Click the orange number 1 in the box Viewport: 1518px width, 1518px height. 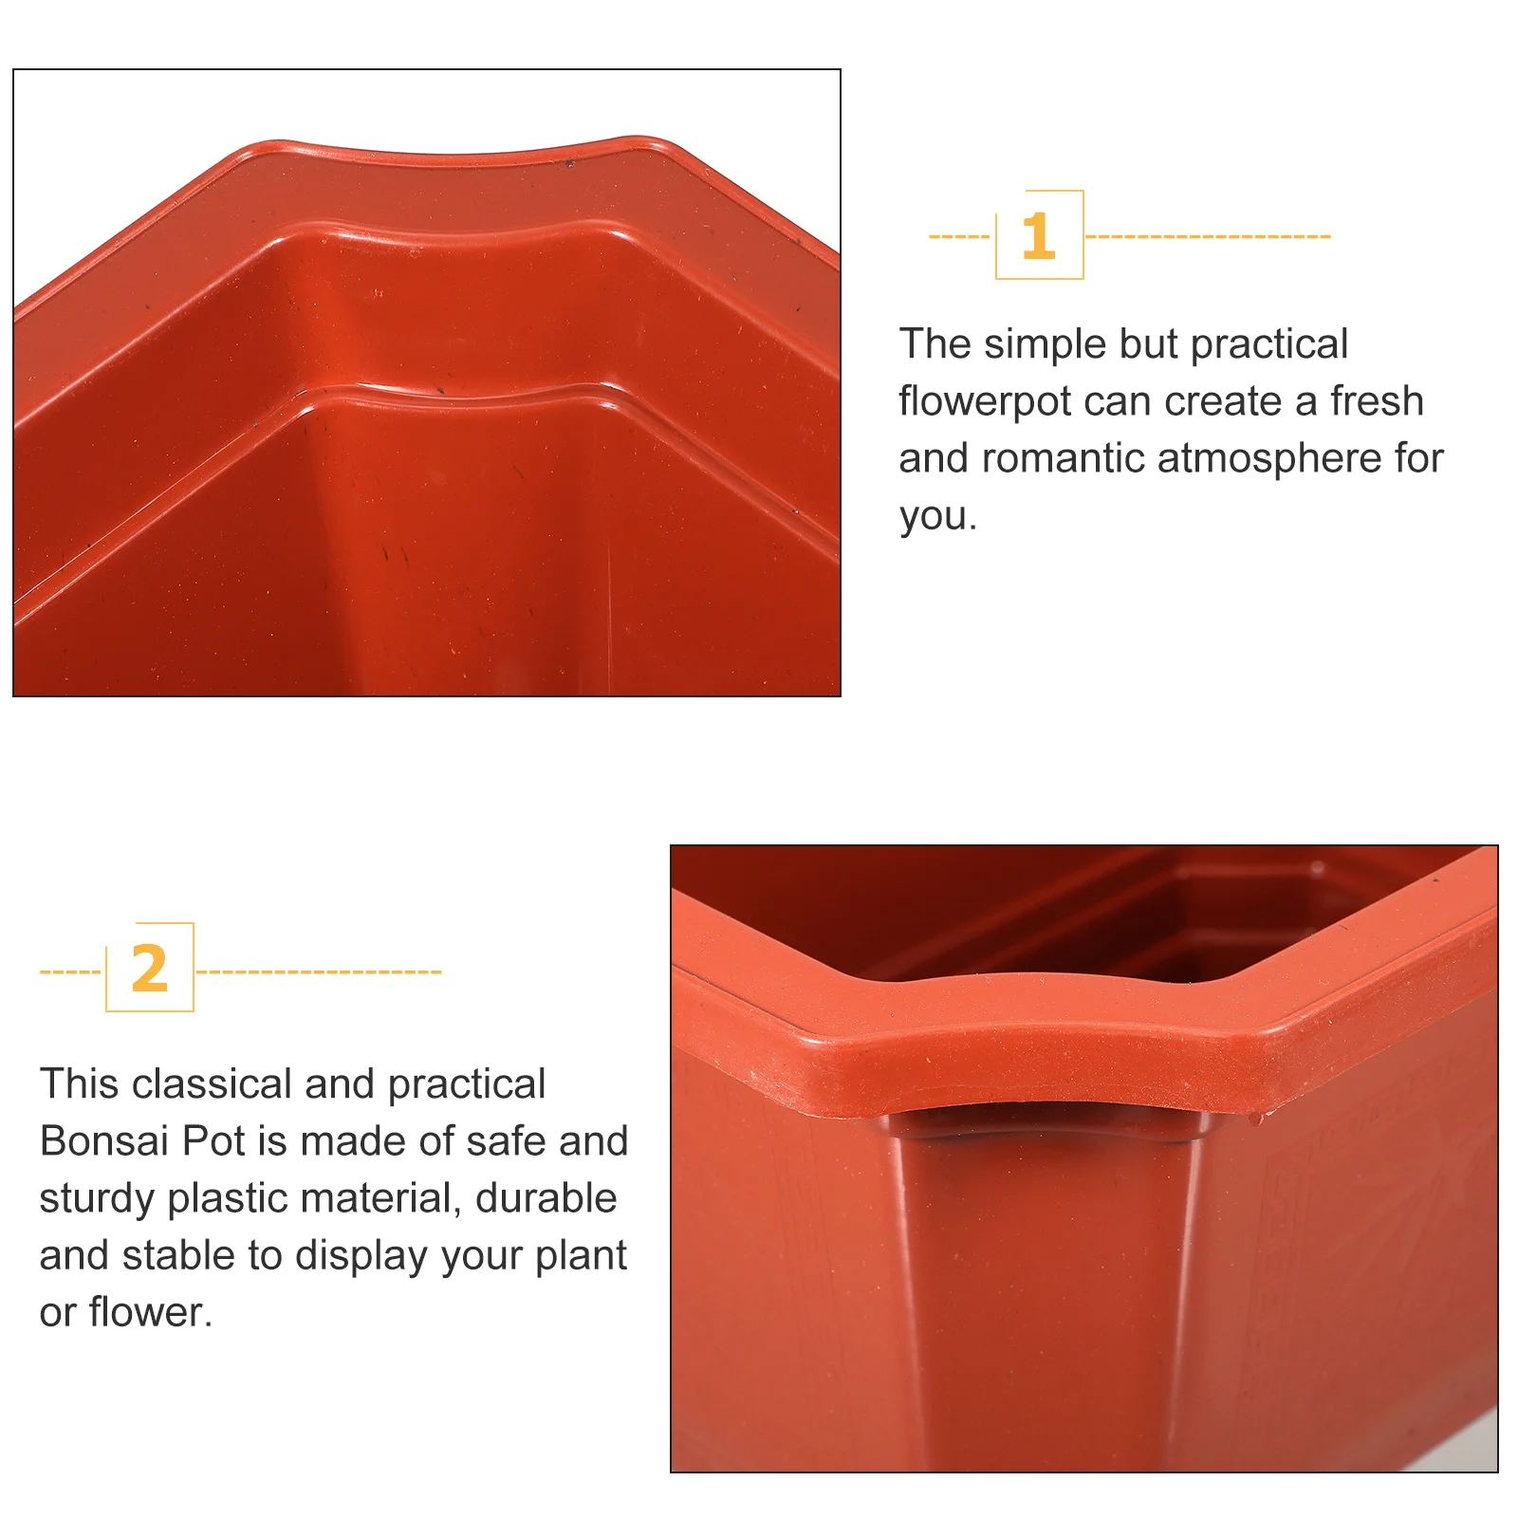tap(1038, 236)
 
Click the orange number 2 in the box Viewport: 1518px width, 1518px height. tap(150, 969)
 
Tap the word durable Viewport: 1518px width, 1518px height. tap(546, 1198)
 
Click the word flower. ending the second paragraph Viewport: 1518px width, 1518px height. tap(150, 1313)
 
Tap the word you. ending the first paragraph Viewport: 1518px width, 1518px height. tap(937, 517)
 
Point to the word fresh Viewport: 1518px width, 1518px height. tap(1377, 401)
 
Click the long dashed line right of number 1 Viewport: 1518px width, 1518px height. tap(1207, 236)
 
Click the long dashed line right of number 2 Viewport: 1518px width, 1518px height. tap(319, 972)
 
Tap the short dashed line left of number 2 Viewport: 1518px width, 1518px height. tap(70, 972)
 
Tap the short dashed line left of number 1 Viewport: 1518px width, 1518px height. tap(959, 236)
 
